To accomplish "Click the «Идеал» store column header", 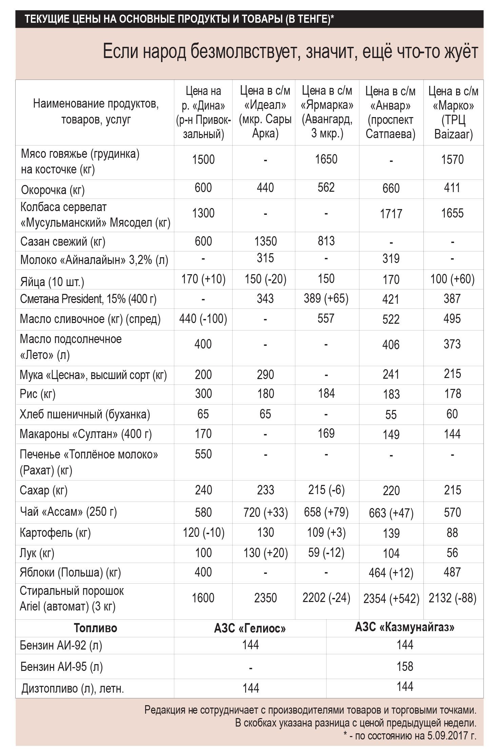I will pyautogui.click(x=265, y=112).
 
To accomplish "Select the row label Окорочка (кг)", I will pyautogui.click(x=53, y=190).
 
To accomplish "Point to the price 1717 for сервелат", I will pyautogui.click(x=391, y=214).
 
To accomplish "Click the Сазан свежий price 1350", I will pyautogui.click(x=266, y=241).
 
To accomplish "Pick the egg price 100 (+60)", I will pyautogui.click(x=452, y=279).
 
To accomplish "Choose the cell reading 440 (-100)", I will pyautogui.click(x=203, y=319).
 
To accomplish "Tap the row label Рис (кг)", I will pyautogui.click(x=38, y=394).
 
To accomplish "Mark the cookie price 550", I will pyautogui.click(x=203, y=454).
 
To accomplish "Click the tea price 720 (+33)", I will pyautogui.click(x=266, y=512).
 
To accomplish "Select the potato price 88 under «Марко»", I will pyautogui.click(x=452, y=532).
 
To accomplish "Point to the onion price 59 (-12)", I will pyautogui.click(x=326, y=552).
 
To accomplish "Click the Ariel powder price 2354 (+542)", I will pyautogui.click(x=391, y=598).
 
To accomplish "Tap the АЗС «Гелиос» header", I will pyautogui.click(x=250, y=628).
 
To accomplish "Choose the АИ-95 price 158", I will pyautogui.click(x=405, y=666).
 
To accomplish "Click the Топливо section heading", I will pyautogui.click(x=95, y=628).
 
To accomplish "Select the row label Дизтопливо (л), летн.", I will pyautogui.click(x=73, y=689).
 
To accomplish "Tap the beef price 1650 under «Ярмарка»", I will pyautogui.click(x=326, y=159).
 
